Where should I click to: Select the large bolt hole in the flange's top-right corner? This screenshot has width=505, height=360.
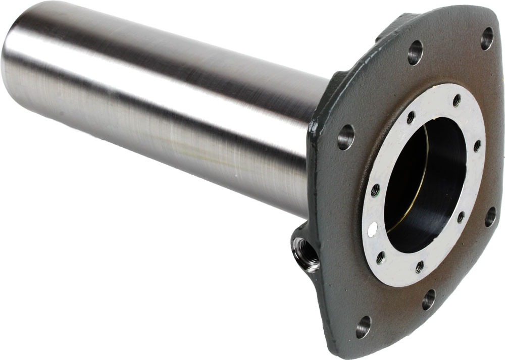(x=487, y=38)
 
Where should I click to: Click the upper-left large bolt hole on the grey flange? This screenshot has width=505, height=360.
(x=415, y=52)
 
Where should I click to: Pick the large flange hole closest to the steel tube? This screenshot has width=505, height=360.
(x=345, y=137)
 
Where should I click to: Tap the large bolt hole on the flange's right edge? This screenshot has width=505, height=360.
(x=490, y=216)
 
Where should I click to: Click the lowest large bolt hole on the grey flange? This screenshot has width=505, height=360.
(x=363, y=327)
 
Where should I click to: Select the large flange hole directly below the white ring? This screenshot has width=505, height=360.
(x=428, y=299)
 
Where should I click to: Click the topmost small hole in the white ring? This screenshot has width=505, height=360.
(x=457, y=100)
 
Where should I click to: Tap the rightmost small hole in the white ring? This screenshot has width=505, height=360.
(x=477, y=146)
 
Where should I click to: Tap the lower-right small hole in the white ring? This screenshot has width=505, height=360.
(x=461, y=217)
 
